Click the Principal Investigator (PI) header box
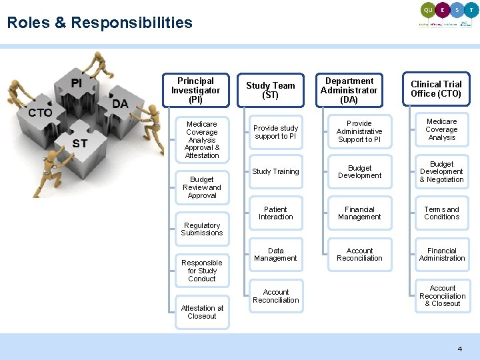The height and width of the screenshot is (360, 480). (x=195, y=90)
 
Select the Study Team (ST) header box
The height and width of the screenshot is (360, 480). (x=270, y=90)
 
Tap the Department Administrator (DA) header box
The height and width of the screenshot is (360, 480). (x=349, y=90)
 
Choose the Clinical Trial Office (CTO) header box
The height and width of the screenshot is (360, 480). (x=436, y=89)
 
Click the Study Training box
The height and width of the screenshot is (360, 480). (x=275, y=172)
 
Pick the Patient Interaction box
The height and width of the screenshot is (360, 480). (x=275, y=213)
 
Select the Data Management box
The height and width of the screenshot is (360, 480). (x=275, y=255)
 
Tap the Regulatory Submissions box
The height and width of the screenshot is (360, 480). (x=202, y=229)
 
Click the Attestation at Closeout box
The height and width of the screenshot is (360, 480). (x=202, y=312)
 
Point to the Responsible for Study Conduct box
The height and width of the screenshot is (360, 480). (x=202, y=271)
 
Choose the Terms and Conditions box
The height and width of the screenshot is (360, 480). (x=442, y=213)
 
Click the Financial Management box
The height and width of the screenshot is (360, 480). (x=359, y=213)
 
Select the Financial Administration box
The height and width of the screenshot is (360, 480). (x=442, y=255)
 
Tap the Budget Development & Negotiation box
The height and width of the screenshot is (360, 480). (x=442, y=172)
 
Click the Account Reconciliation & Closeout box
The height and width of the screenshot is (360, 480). (x=442, y=296)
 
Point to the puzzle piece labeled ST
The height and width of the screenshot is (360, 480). (x=80, y=143)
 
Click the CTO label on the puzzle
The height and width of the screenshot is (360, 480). (x=40, y=113)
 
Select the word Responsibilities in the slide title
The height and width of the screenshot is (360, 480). (x=131, y=23)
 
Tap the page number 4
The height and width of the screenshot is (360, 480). (x=459, y=349)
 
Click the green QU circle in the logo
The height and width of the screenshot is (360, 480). (x=427, y=10)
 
